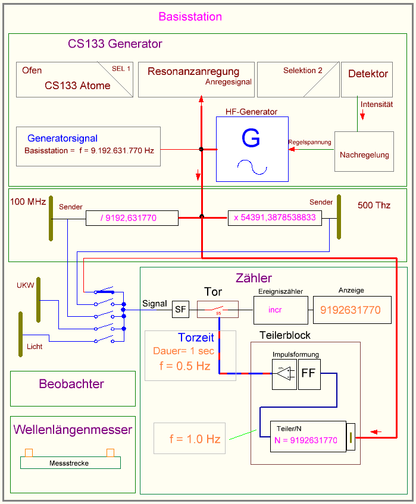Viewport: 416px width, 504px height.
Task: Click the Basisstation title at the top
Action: [x=190, y=17]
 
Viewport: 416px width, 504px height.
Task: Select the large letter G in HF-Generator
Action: [x=251, y=138]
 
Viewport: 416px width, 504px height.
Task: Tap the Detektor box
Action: [x=367, y=79]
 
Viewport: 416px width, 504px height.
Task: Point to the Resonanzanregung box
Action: [x=196, y=79]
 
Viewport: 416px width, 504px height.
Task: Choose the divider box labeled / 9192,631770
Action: [x=132, y=218]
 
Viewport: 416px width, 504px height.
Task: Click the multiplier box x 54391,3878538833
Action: [x=274, y=218]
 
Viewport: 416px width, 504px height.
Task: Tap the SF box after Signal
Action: [x=181, y=309]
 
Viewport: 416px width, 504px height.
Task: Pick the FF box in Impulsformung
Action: [x=308, y=374]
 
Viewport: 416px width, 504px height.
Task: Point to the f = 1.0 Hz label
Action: [x=195, y=439]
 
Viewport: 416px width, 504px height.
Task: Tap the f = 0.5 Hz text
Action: [x=185, y=366]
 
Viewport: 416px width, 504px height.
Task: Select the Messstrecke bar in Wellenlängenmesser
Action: [x=70, y=462]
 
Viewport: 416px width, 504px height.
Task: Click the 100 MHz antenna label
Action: [x=28, y=202]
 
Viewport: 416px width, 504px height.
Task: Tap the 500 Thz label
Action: [x=374, y=205]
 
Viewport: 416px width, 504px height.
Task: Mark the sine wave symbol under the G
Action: [x=251, y=168]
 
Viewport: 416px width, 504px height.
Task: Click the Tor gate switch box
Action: [x=218, y=309]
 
